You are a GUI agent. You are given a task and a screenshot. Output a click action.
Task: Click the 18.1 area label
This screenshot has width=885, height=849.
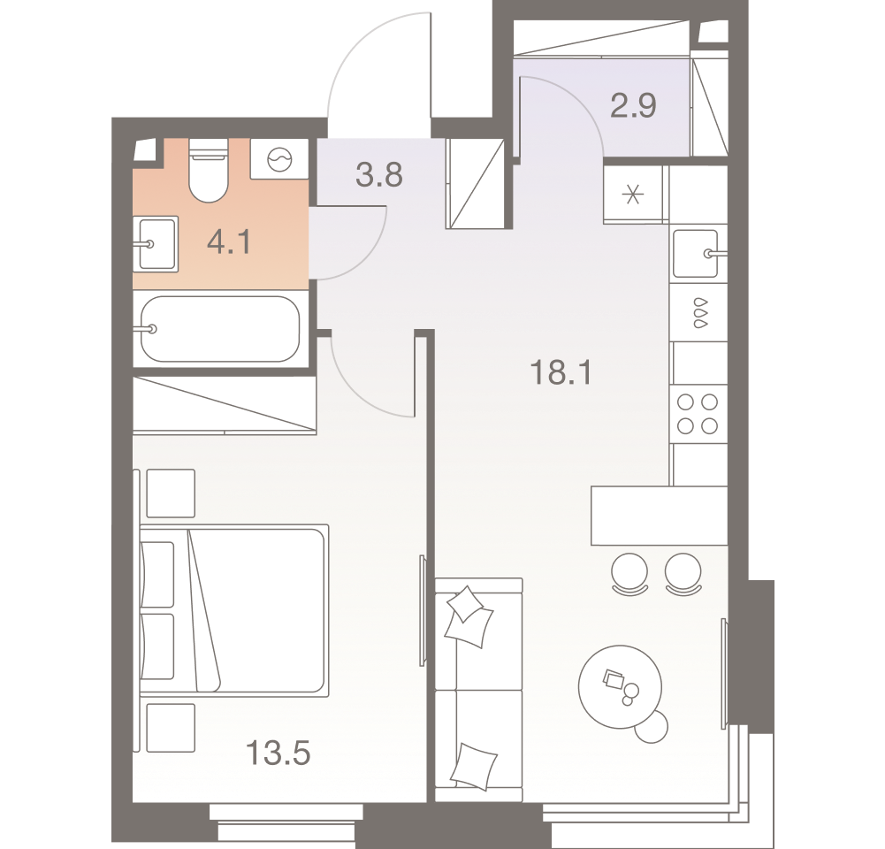[x=559, y=373]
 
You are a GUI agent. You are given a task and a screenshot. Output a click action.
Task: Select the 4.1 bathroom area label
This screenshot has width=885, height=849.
[x=228, y=241]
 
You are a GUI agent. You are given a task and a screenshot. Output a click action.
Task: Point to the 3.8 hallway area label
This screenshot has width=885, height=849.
[x=378, y=175]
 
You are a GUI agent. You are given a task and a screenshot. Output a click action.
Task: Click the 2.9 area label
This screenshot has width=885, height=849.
[x=633, y=106]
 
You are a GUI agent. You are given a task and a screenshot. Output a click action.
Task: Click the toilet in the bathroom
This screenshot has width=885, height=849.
[x=209, y=172]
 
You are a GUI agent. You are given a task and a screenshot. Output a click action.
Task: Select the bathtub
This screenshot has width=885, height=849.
[x=221, y=328]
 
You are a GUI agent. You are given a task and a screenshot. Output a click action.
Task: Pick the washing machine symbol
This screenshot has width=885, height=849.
[x=279, y=160]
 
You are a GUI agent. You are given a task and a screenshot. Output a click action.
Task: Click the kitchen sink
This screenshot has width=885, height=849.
[x=698, y=253]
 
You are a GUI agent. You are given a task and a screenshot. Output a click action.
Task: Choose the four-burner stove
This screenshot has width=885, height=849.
[x=697, y=414]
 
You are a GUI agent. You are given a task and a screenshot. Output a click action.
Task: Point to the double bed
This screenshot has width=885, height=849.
[x=234, y=608]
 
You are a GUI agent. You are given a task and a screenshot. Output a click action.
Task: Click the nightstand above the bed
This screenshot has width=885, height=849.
[x=170, y=493]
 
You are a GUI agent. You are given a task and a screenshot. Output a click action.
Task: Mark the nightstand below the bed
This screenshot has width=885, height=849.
[x=170, y=727]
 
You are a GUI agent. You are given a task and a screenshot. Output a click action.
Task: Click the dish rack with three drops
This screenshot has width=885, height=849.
[x=698, y=312]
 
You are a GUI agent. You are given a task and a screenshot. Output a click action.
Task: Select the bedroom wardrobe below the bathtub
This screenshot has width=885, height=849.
[x=225, y=405]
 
